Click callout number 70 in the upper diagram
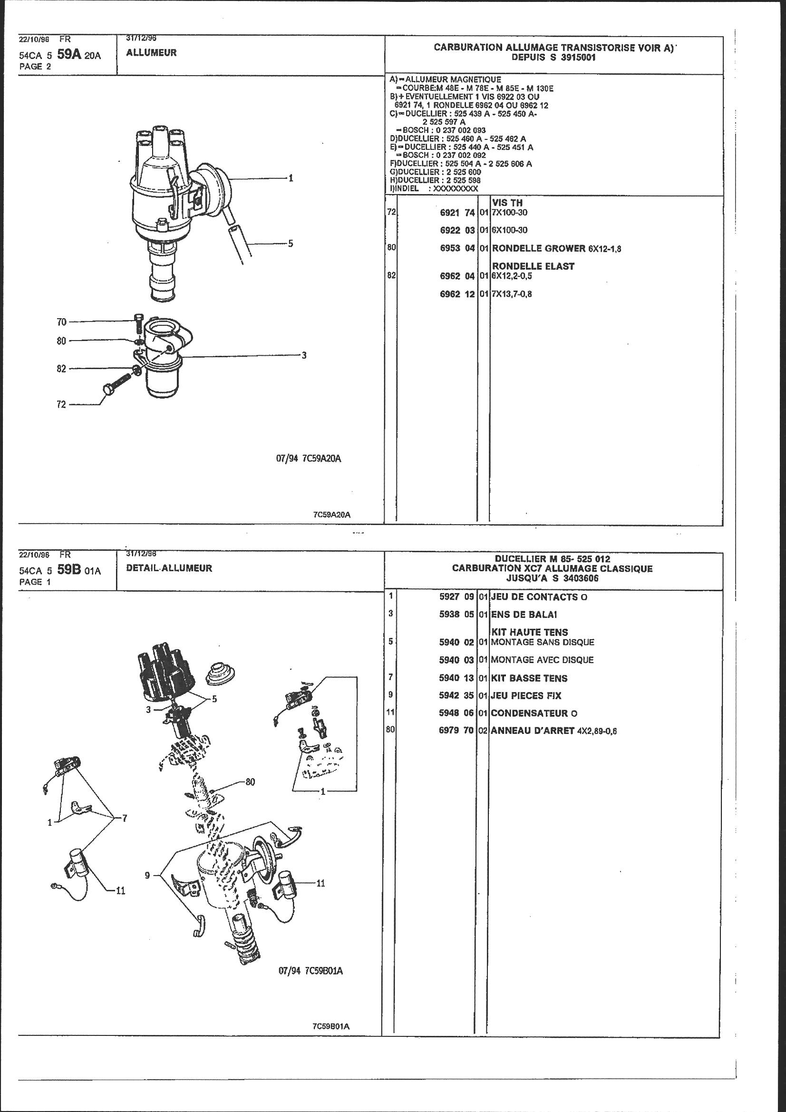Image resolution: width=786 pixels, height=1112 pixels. click(x=61, y=322)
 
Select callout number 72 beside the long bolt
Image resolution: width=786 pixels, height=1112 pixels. click(x=61, y=404)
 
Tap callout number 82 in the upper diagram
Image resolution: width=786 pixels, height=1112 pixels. click(x=61, y=369)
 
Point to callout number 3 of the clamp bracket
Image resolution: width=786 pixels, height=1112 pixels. click(x=304, y=355)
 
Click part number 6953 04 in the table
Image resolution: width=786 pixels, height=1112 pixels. click(x=457, y=248)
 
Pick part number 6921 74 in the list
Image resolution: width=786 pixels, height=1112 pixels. click(x=457, y=213)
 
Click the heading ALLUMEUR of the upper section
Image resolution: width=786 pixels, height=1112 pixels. click(x=151, y=53)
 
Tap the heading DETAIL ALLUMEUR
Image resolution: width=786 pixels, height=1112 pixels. click(x=169, y=568)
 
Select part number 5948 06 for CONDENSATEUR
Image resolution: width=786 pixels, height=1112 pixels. click(x=456, y=713)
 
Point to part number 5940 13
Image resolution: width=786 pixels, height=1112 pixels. click(x=456, y=679)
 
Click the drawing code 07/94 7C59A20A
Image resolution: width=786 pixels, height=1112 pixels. click(x=309, y=458)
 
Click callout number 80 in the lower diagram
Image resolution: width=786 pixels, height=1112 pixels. click(x=250, y=782)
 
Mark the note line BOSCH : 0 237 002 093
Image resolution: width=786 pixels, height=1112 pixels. click(x=441, y=130)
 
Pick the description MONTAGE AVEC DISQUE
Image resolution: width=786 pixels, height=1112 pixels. click(x=542, y=660)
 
